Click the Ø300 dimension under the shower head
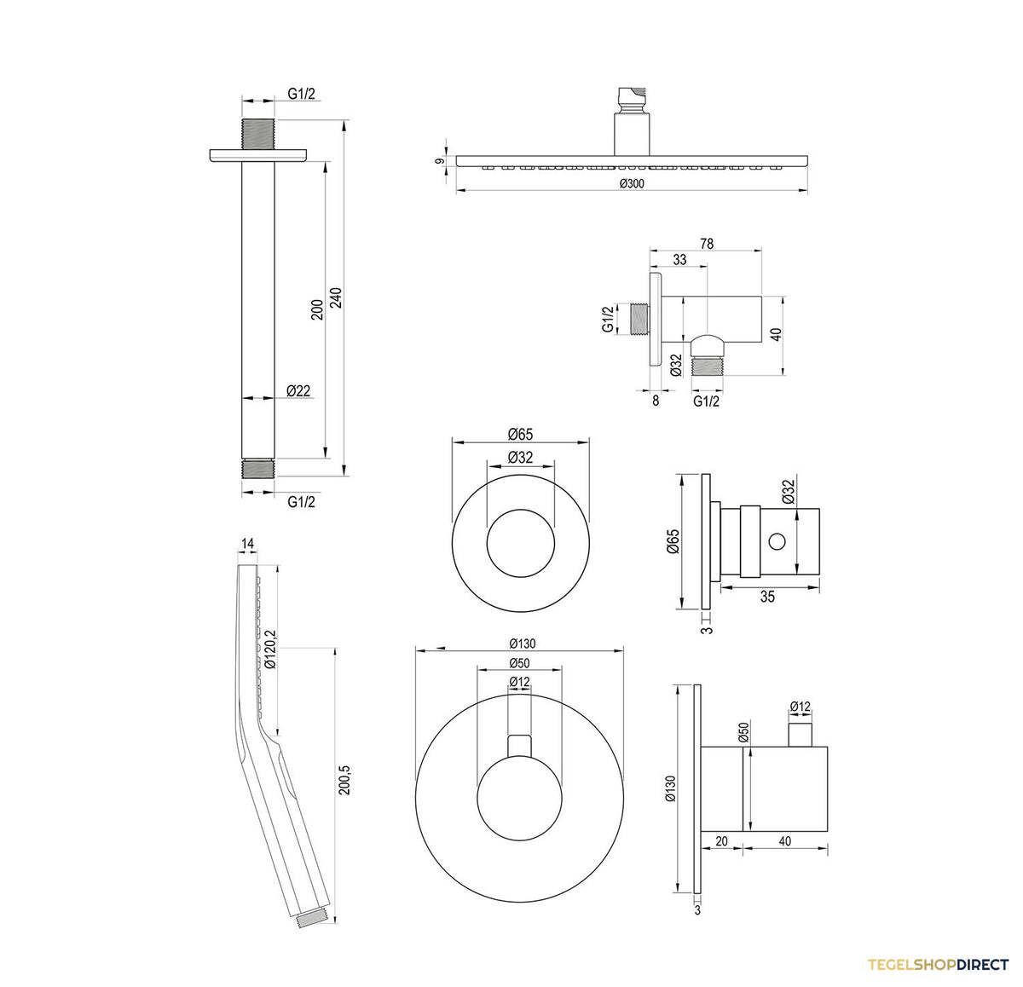632,183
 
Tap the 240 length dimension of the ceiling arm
337,298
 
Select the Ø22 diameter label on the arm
298,390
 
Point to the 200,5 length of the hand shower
344,780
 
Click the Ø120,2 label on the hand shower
271,649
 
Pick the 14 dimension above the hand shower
247,543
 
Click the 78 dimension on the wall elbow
707,244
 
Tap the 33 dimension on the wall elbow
679,260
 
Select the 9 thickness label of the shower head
440,161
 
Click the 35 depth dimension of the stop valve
767,597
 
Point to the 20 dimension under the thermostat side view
721,841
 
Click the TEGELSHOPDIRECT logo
938,964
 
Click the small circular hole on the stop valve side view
777,540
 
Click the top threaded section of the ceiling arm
258,135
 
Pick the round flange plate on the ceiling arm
258,156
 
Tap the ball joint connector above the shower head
631,100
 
